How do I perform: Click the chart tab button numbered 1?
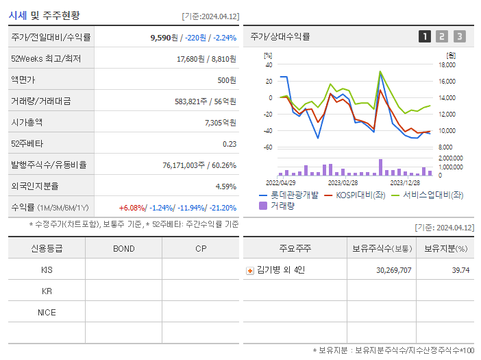coord(425,36)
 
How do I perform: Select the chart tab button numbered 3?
coord(459,36)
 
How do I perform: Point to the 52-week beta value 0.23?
coord(230,143)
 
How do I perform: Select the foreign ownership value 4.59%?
coord(226,186)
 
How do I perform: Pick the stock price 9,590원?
coord(165,38)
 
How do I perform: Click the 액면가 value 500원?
coord(226,80)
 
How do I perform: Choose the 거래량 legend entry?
coord(282,205)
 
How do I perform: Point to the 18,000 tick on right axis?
coord(447,65)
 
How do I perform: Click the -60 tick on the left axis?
coord(268,147)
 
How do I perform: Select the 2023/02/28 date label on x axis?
coord(343,182)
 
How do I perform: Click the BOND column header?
coord(123,248)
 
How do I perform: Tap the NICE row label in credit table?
coord(47,313)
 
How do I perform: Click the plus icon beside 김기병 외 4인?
coord(250,270)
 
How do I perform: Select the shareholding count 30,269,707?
coord(393,270)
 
